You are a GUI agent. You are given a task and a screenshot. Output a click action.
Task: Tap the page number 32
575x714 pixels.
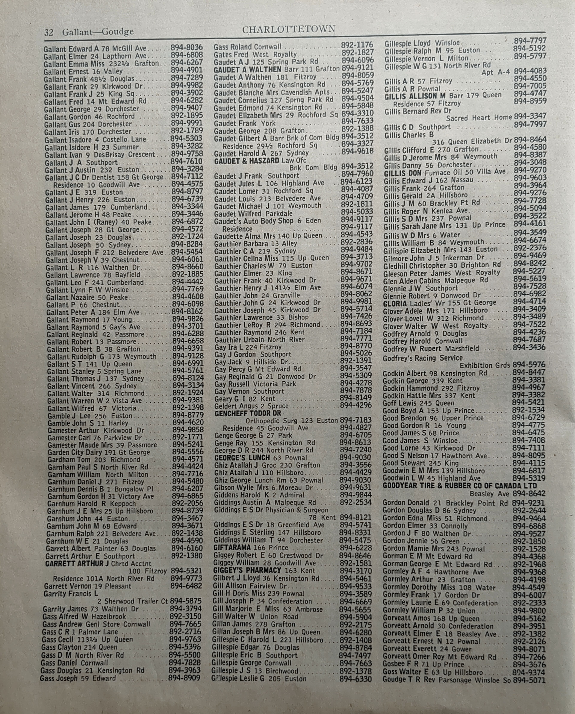click(x=49, y=32)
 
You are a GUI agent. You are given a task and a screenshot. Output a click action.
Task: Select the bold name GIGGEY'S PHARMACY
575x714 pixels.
click(x=247, y=571)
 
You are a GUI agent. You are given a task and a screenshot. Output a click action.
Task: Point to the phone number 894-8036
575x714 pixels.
click(x=186, y=48)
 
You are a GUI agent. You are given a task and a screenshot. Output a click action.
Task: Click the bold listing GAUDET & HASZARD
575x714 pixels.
click(x=247, y=161)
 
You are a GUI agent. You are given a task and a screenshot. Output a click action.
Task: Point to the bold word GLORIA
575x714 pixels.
click(x=395, y=303)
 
